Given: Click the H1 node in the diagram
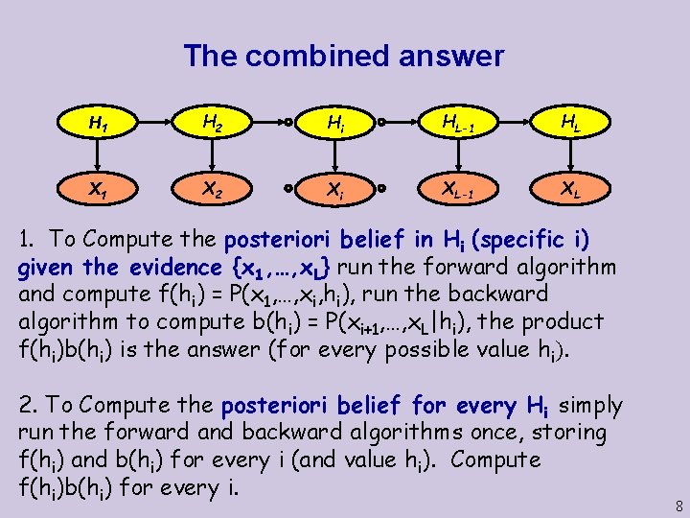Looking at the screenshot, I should (97, 123).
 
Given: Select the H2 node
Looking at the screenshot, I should (214, 123).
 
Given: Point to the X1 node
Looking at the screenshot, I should (97, 190).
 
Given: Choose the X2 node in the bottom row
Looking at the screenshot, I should (214, 190).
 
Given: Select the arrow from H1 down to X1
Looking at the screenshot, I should (97, 156).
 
